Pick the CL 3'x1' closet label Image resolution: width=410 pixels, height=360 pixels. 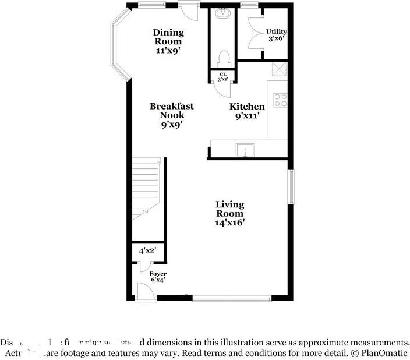point(222,76)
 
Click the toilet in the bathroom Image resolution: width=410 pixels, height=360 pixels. point(223,58)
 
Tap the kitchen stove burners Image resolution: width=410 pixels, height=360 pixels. point(281,100)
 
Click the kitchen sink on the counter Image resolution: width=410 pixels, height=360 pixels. point(245,150)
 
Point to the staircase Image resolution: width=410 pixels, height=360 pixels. point(146,186)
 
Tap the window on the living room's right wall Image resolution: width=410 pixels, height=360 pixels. point(291,186)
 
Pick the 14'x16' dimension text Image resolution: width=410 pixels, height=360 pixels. point(230,223)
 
